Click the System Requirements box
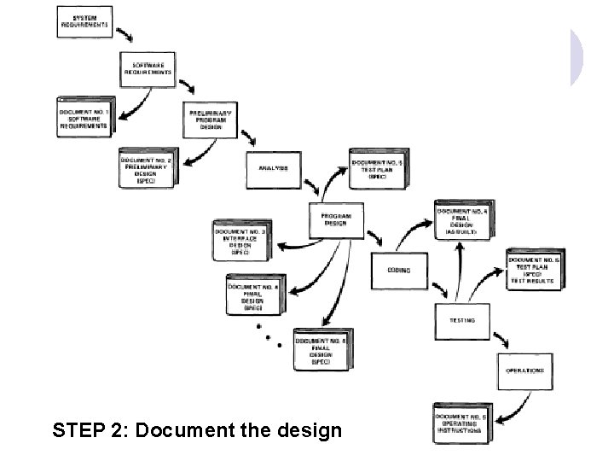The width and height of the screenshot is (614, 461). click(x=84, y=21)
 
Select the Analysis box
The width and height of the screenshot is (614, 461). click(x=273, y=168)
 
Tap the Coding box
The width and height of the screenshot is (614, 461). click(x=398, y=271)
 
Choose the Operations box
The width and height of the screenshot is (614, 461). click(x=524, y=371)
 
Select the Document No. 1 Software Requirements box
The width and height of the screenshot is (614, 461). click(x=84, y=117)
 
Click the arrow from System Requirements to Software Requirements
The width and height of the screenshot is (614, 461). click(x=125, y=36)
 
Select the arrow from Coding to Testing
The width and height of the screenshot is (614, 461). click(x=430, y=289)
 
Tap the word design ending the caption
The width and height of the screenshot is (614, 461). click(x=309, y=430)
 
